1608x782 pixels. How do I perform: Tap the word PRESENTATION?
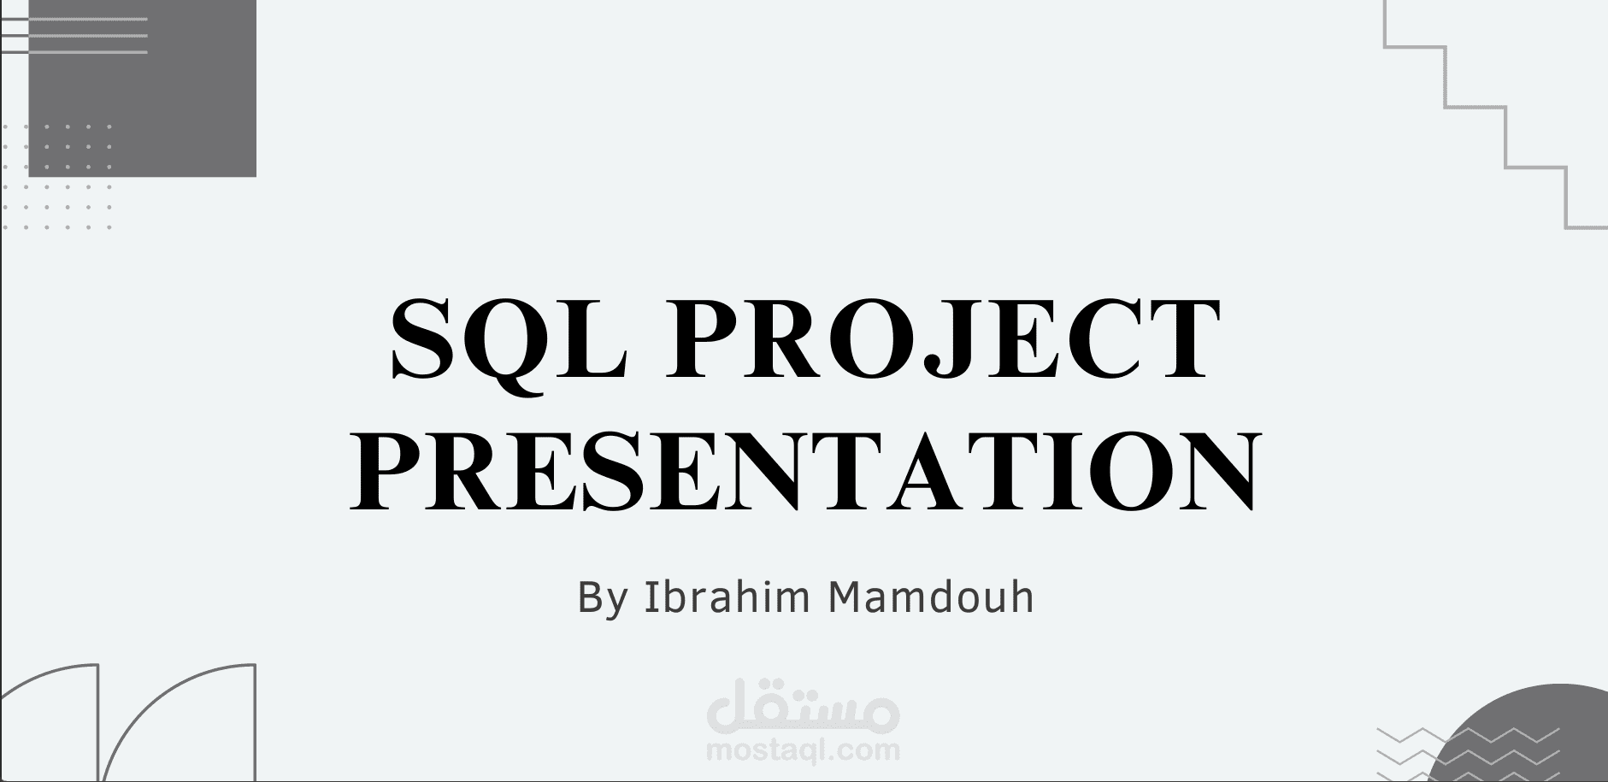coord(804,470)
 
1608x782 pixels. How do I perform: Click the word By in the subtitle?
coord(604,597)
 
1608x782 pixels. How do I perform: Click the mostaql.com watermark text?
coord(804,751)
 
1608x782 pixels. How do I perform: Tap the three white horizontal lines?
coord(77,35)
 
